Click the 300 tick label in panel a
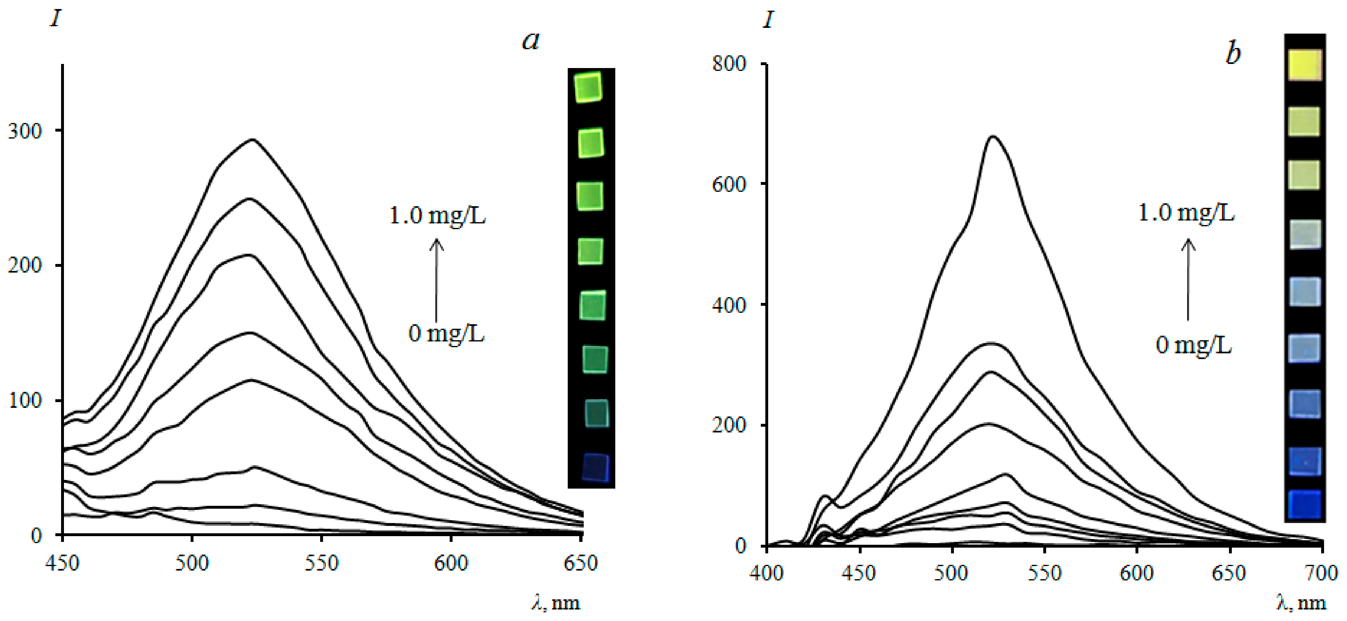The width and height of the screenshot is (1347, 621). coord(25,131)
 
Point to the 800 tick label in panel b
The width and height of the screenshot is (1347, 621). coord(729,64)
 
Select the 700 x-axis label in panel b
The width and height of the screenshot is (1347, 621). coord(1321,573)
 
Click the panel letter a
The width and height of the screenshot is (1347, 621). coord(531,40)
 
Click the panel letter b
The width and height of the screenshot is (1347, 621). coord(1233,53)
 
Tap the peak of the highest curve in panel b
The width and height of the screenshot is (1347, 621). coord(992,137)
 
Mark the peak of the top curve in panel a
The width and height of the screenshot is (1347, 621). coord(253,139)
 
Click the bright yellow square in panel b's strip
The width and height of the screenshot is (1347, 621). coord(1305,65)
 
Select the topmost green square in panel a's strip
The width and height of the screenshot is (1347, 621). coord(588,87)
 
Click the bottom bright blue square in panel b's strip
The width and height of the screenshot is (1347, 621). coord(1304,505)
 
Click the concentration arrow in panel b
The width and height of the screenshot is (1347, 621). coord(1188,279)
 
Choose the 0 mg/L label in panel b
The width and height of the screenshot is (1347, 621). coord(1193,346)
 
